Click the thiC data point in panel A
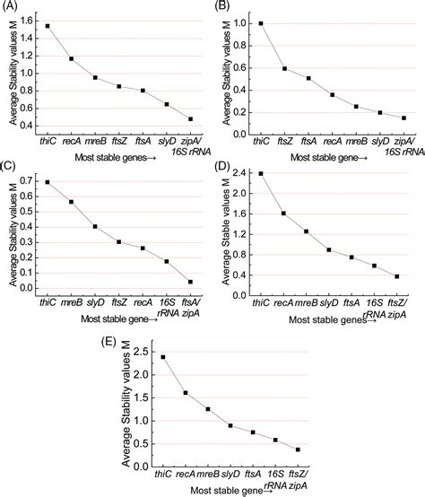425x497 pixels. [x=48, y=26]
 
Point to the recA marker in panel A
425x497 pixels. [x=72, y=59]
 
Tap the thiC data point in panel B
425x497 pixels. [x=261, y=23]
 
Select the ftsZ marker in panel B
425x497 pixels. [x=284, y=68]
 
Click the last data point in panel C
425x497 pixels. [x=191, y=281]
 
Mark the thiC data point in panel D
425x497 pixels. [x=261, y=173]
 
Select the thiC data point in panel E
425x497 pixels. [x=162, y=356]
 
